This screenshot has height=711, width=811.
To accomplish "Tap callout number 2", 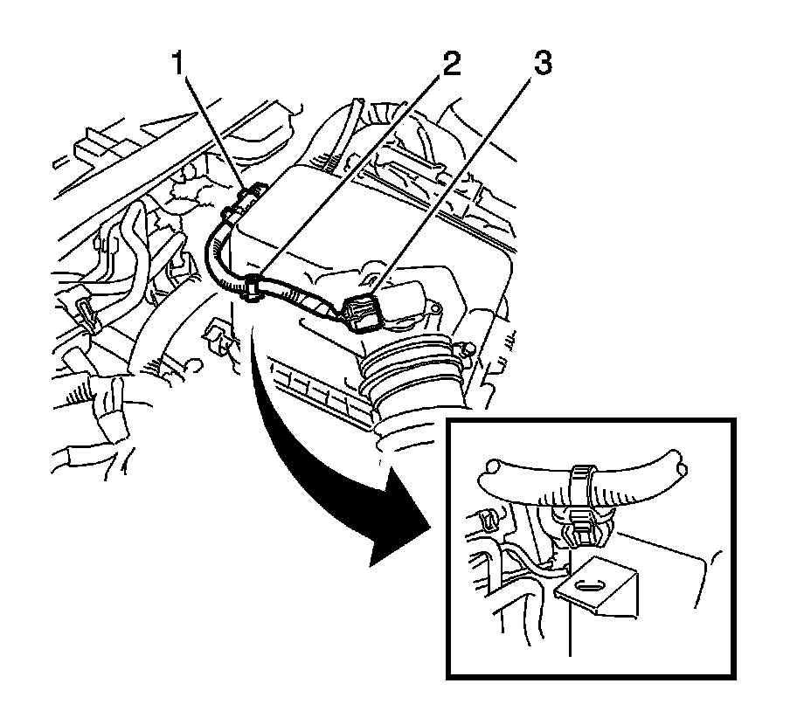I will pos(452,65).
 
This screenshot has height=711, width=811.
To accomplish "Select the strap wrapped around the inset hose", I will pos(578,483).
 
